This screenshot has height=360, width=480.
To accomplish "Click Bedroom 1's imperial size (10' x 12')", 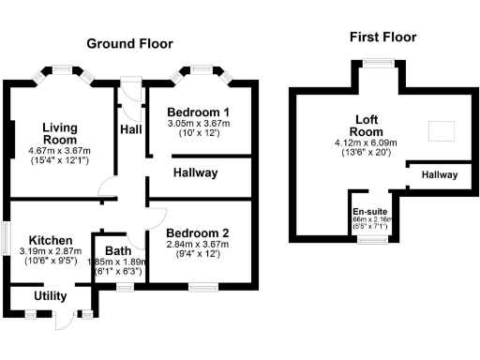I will tap(199, 134).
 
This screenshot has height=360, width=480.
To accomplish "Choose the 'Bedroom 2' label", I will tap(197, 232).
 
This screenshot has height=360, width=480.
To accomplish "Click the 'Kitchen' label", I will tap(44, 240).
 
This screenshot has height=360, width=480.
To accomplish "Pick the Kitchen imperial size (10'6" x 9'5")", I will tap(44, 262).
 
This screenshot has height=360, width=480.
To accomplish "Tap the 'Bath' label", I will tap(118, 250).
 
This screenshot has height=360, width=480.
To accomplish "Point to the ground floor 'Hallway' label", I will tap(195, 172).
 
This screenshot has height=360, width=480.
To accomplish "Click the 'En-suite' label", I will tap(371, 211).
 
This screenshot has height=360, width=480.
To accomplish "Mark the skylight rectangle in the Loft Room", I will tap(440, 132).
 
